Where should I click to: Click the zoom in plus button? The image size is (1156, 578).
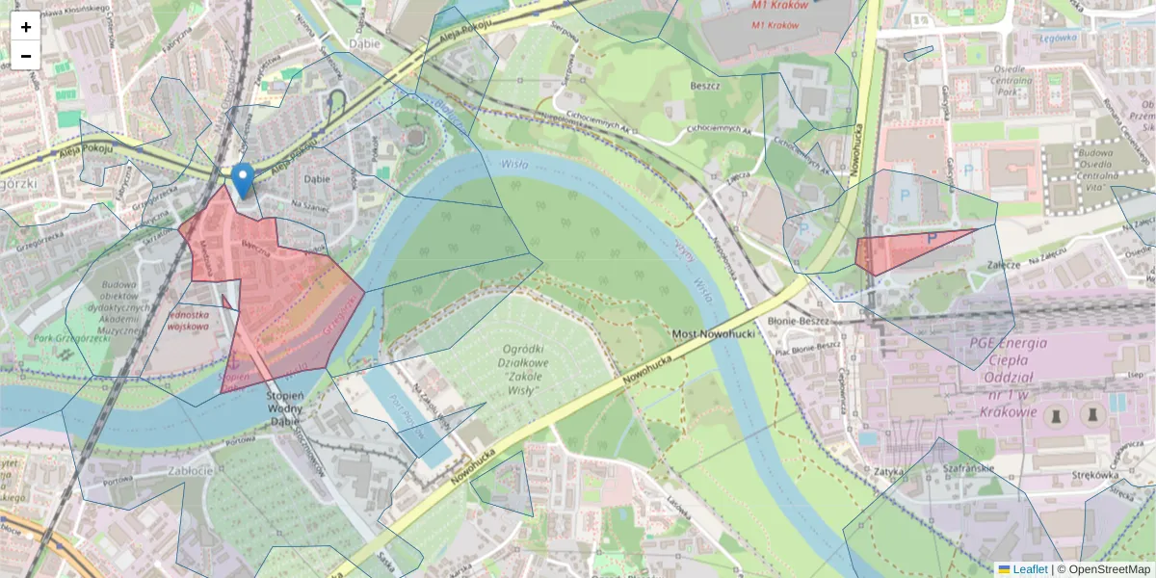(x=26, y=26)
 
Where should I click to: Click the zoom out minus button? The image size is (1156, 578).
(x=26, y=56)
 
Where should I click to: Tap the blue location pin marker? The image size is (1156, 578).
(x=244, y=179)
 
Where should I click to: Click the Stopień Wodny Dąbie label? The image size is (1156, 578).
(x=285, y=408)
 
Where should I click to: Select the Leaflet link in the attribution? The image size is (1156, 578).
(x=1029, y=569)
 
